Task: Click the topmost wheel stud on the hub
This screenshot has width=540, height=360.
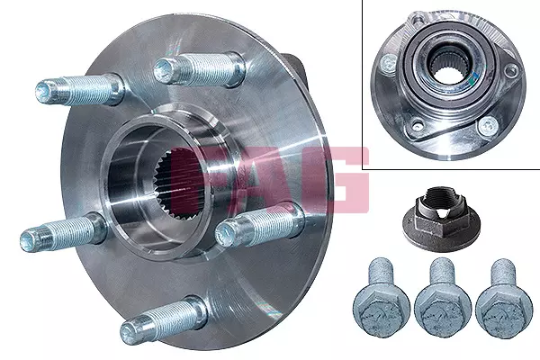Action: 199,70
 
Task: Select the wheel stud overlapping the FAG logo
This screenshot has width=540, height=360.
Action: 260,225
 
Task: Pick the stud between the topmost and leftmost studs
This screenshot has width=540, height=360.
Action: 80,90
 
